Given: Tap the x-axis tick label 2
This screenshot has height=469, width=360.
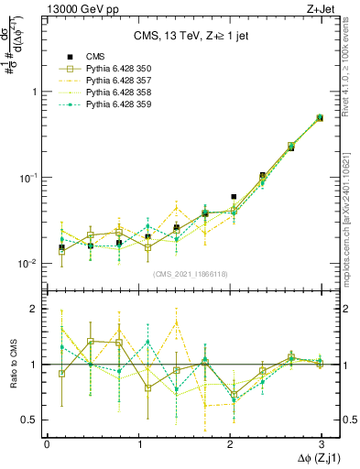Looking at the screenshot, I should pyautogui.click(x=229, y=443).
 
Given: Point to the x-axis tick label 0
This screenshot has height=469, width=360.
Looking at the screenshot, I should pyautogui.click(x=47, y=443).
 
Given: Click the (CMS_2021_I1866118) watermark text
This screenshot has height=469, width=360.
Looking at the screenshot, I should pyautogui.click(x=191, y=274).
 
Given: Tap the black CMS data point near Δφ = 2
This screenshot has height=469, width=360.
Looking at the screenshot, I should pyautogui.click(x=234, y=197).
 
